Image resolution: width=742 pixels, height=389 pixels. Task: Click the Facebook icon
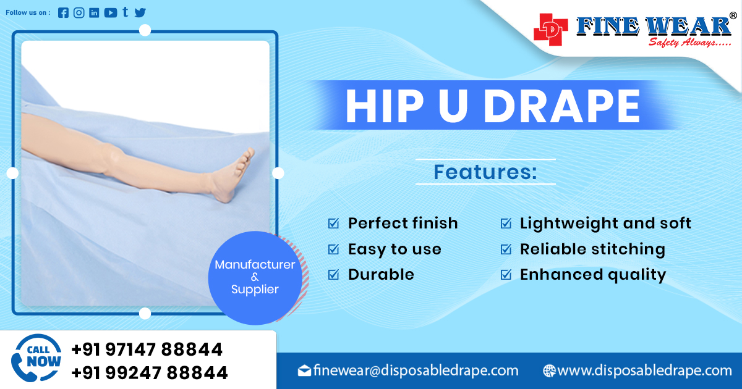click(x=63, y=13)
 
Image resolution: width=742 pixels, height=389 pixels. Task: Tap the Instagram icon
click(x=79, y=13)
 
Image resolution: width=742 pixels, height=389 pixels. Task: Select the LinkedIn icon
click(x=94, y=13)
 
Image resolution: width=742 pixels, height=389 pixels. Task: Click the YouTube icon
click(x=111, y=13)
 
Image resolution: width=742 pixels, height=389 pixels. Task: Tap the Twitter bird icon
click(x=140, y=13)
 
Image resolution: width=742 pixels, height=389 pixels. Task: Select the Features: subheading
click(x=485, y=172)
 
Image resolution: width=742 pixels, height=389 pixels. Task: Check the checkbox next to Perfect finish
click(x=333, y=224)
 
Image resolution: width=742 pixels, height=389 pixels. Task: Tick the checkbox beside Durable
click(x=333, y=275)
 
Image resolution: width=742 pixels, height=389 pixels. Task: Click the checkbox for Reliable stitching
click(x=506, y=249)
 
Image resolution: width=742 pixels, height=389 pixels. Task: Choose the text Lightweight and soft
click(x=605, y=223)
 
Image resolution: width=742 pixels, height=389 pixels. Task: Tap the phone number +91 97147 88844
click(x=147, y=349)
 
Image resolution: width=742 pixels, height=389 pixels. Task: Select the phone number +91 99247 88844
click(x=149, y=373)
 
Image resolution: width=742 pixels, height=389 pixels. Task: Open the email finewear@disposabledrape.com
click(x=416, y=370)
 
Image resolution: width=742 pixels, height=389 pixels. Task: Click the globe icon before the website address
click(x=548, y=370)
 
